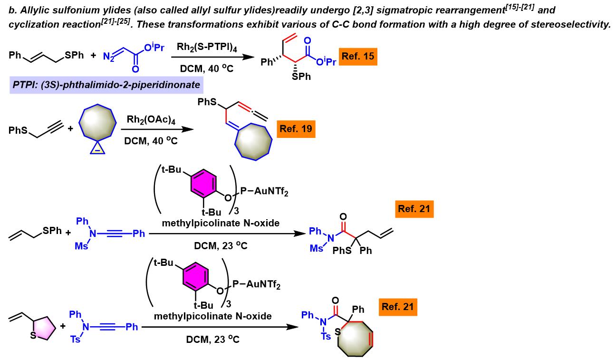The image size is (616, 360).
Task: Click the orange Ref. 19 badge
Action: (297, 129)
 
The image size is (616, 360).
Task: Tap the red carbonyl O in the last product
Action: (337, 301)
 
